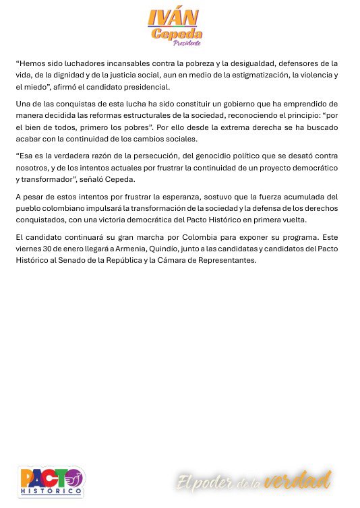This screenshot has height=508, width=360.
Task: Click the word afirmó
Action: (x=70, y=88)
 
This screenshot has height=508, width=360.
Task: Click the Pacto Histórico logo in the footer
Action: (x=51, y=481)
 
